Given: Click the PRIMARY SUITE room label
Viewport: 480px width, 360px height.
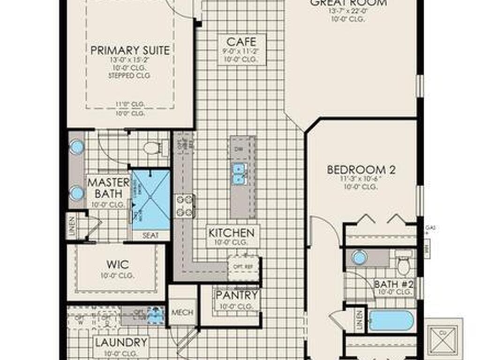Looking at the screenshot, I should [130, 51].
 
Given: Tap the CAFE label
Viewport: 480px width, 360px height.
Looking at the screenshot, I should [241, 43].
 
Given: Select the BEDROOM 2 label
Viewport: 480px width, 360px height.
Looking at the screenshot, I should [361, 170].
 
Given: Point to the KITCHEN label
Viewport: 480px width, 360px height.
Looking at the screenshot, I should [232, 233].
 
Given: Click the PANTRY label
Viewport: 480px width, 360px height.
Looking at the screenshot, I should [237, 295].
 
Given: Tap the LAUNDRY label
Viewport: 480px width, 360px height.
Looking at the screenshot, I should [121, 343].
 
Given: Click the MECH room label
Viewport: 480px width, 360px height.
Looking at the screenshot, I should [182, 312].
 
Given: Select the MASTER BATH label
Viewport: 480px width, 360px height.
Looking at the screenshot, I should [109, 187].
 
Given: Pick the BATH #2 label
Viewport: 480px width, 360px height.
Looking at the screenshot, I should [392, 284].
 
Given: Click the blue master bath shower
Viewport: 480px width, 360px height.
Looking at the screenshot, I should [150, 199].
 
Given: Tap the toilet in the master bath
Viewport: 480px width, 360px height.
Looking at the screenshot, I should [152, 148].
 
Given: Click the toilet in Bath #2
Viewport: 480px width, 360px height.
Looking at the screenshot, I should [403, 263].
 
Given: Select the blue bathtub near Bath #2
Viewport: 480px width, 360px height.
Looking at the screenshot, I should [391, 321].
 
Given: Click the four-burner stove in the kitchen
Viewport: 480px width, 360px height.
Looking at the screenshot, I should [185, 206].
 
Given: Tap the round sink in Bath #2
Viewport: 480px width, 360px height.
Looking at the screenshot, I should [359, 257].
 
